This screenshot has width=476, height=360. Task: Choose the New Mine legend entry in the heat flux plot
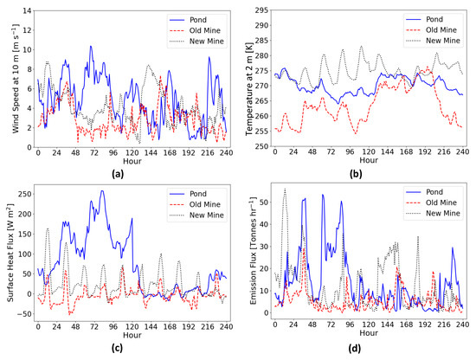(x=196, y=214)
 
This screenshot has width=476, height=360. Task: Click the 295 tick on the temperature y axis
(x=261, y=10)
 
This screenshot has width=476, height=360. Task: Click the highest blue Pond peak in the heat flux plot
(x=101, y=192)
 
